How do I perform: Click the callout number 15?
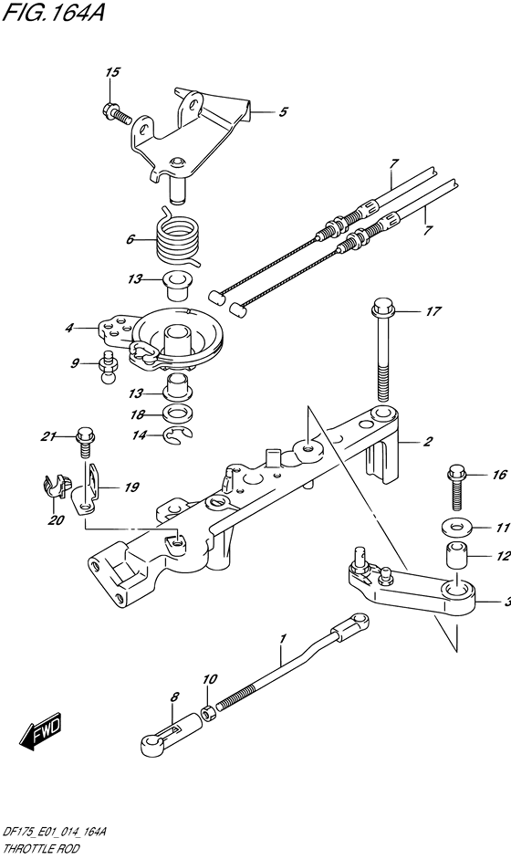[113, 72]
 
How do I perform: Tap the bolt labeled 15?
[116, 112]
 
